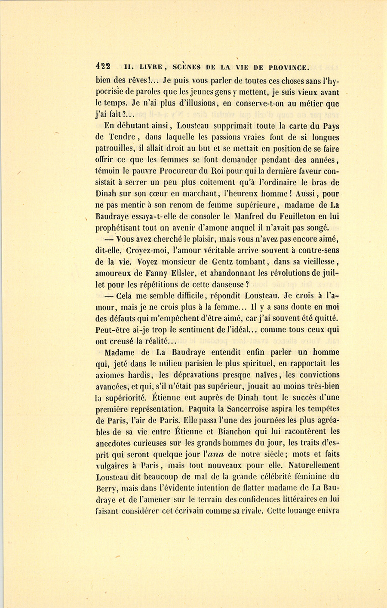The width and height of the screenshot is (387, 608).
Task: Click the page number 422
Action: point(103,67)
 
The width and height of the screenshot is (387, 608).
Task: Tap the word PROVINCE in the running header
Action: point(288,67)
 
